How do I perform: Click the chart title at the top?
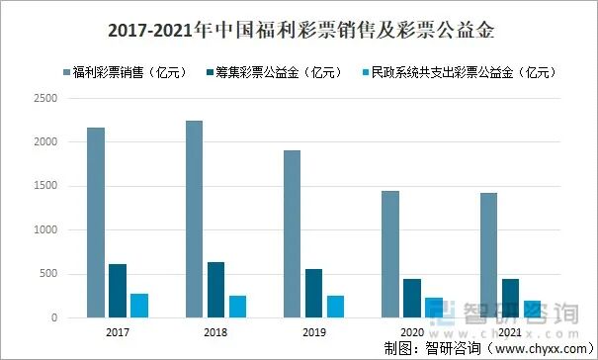click(x=299, y=31)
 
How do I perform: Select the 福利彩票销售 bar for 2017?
click(x=96, y=223)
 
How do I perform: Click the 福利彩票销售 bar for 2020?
click(x=389, y=254)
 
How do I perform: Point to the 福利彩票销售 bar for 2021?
click(x=487, y=255)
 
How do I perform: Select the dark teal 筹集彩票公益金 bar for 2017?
click(x=118, y=291)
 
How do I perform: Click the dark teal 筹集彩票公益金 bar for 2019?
click(x=313, y=294)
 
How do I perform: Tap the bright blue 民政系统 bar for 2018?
click(x=237, y=307)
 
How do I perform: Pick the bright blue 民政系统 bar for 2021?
click(x=531, y=309)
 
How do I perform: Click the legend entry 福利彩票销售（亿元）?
click(x=128, y=72)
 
